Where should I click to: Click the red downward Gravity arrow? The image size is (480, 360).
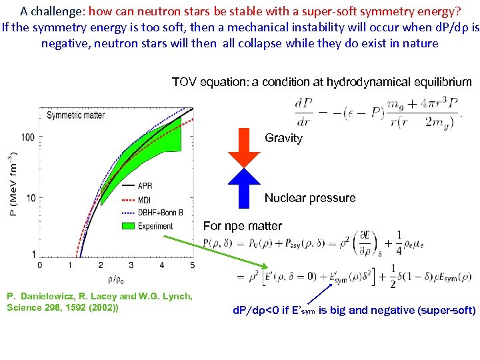pos(243,149)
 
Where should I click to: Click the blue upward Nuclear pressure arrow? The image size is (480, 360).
pos(243,188)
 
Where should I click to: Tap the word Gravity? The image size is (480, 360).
pos(283,138)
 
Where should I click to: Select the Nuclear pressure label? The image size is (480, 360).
pos(310,198)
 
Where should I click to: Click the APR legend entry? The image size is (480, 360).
pos(146,186)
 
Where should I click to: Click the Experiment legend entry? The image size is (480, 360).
pos(155,226)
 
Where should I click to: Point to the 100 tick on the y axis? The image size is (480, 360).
pos(28,137)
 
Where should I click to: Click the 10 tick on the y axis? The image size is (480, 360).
pos(31,197)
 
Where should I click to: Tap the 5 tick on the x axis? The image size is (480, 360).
pos(193,265)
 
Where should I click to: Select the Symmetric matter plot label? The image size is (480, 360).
pos(75,115)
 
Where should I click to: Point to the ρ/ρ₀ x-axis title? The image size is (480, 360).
pos(114,279)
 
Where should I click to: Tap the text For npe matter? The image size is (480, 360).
pos(242,226)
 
